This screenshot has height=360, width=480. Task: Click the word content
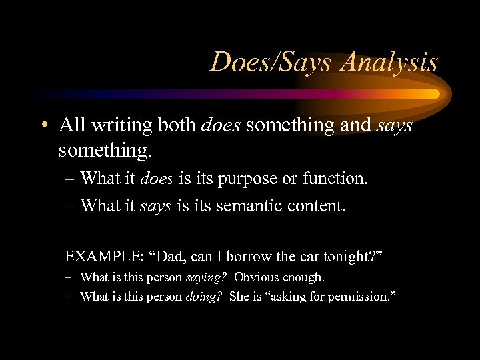316,206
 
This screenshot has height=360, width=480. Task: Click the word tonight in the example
352,256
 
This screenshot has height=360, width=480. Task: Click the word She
238,297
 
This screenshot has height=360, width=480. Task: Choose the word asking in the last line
291,297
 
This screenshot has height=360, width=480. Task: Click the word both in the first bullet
176,125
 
